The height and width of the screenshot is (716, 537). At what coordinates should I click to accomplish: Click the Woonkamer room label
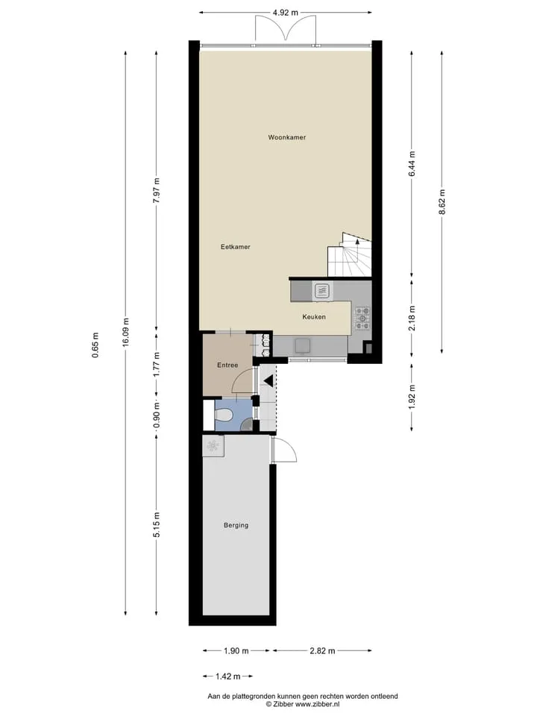coord(286,137)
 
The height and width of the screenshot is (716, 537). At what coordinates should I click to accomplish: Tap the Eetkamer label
coord(235,247)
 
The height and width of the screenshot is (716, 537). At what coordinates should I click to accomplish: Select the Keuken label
coord(314,316)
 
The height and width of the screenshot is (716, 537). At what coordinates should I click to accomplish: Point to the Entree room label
coord(227,365)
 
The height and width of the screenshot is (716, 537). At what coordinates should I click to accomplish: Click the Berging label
coord(236,525)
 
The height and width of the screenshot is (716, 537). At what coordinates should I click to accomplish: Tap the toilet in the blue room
coord(224,415)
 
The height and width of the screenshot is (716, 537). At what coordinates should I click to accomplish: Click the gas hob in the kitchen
coord(362,318)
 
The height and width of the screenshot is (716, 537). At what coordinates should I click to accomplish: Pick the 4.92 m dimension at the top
coord(286,13)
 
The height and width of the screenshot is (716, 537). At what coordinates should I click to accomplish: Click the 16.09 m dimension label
coord(126,332)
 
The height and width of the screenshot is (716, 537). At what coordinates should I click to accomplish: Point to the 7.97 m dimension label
coord(157,192)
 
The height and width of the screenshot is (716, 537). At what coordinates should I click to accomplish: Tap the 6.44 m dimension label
coord(412,164)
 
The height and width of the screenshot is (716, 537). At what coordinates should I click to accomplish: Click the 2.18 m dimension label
coord(412,318)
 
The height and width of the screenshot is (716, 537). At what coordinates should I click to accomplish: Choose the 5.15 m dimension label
coord(157,524)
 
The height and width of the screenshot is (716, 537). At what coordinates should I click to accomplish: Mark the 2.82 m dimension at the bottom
coord(322,650)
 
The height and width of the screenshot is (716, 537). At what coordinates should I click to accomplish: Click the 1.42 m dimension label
coord(228,676)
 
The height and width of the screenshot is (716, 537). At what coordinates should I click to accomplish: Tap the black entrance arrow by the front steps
coord(268,380)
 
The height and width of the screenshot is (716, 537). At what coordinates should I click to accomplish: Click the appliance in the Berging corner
coord(213,446)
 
